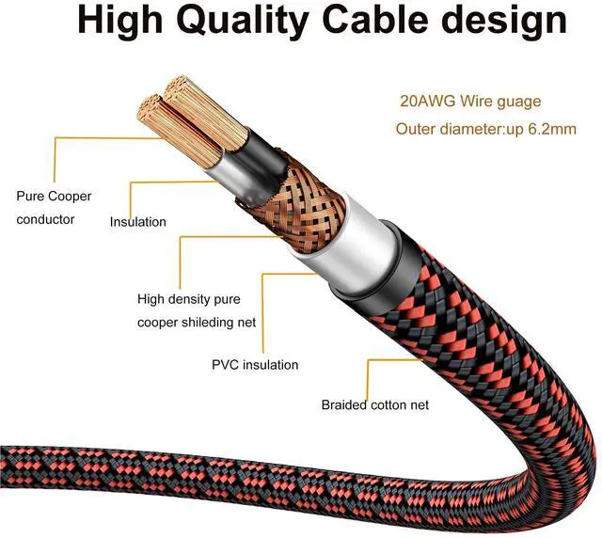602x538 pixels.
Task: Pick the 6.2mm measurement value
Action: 552,129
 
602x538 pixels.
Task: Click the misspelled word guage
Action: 516,102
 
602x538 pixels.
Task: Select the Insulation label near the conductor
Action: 138,222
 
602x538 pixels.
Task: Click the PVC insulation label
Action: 256,364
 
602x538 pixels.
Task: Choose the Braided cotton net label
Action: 375,404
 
